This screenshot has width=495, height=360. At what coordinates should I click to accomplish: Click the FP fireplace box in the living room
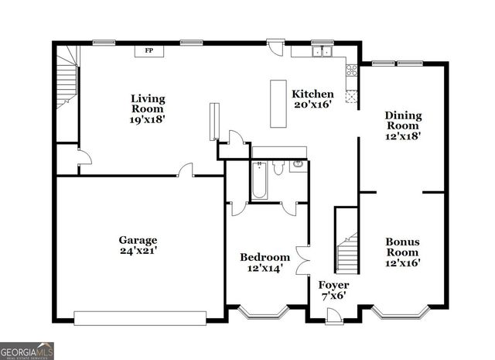(148, 51)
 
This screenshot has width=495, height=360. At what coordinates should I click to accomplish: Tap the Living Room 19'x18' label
(147, 109)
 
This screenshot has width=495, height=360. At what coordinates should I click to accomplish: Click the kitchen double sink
(323, 53)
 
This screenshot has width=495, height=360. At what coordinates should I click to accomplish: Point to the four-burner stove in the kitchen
(353, 74)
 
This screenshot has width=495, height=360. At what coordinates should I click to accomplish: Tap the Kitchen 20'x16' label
(312, 99)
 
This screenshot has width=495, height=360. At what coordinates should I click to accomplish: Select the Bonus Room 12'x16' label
(402, 252)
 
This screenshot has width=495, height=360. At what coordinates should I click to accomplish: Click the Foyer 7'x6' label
(334, 290)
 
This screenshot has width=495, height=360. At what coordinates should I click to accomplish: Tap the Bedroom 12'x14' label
(265, 262)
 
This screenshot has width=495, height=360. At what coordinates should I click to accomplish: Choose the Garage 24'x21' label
(138, 245)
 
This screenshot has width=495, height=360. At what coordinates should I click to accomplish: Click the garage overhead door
(140, 317)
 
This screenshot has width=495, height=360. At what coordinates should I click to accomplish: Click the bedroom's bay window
(263, 314)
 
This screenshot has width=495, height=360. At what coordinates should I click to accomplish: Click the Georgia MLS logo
(27, 351)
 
